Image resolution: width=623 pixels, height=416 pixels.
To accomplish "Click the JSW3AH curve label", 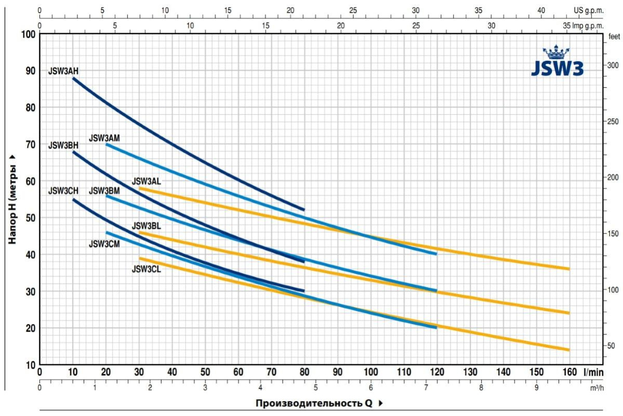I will (x=63, y=71).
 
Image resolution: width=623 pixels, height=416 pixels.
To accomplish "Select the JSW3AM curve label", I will (x=104, y=138).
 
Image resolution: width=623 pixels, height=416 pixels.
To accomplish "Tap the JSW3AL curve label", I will (x=147, y=181).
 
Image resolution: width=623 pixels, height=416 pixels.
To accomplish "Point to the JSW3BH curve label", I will (x=63, y=146).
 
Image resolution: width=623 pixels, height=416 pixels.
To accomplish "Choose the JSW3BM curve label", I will (x=104, y=191).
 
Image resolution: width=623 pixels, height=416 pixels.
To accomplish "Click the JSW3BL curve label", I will (x=147, y=226).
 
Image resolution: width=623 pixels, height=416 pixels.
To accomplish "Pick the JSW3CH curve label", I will (x=63, y=191).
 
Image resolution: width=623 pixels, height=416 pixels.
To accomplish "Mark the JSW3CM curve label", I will (x=104, y=243).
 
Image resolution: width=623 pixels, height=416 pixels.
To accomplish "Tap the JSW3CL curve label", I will (x=147, y=269).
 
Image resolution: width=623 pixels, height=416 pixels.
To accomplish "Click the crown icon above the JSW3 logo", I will (x=556, y=52).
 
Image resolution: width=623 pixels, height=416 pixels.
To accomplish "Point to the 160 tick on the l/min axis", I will (x=569, y=372).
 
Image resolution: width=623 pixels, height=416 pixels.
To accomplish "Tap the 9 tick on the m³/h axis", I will (x=537, y=388).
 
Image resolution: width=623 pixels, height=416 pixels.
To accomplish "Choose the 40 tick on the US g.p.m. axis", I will (x=541, y=10).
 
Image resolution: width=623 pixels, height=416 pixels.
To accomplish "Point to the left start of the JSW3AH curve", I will (x=74, y=78).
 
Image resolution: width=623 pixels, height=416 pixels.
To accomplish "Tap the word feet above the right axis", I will (x=614, y=36).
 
